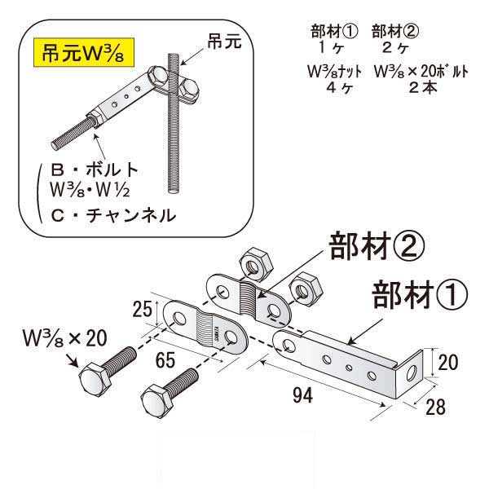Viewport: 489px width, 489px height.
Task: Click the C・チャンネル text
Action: point(113,216)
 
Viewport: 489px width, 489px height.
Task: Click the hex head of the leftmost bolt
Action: point(91,381)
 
